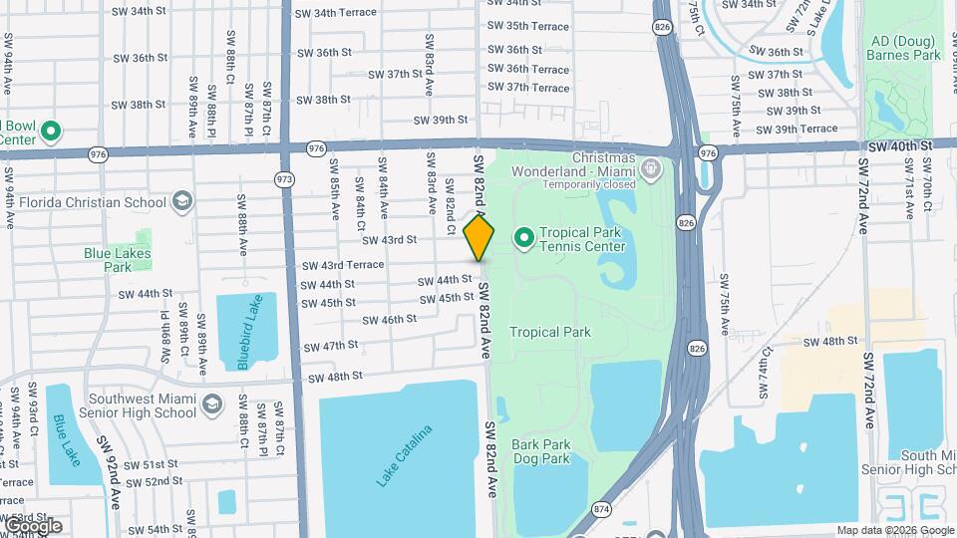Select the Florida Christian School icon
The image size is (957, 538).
point(180,202)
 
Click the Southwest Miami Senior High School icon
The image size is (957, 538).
point(211,403)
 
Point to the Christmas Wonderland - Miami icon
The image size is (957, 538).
point(651,167)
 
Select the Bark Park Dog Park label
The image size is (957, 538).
point(541,451)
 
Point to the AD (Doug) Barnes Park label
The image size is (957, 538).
point(905,48)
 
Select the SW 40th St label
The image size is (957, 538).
point(899,145)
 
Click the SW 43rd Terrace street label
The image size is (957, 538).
point(343,264)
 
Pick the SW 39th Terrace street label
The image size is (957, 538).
point(797,129)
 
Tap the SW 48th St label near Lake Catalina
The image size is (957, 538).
point(335,378)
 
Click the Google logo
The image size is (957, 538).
point(32,525)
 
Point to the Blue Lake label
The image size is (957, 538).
point(67,438)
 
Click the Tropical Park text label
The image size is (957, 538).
point(550,332)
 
